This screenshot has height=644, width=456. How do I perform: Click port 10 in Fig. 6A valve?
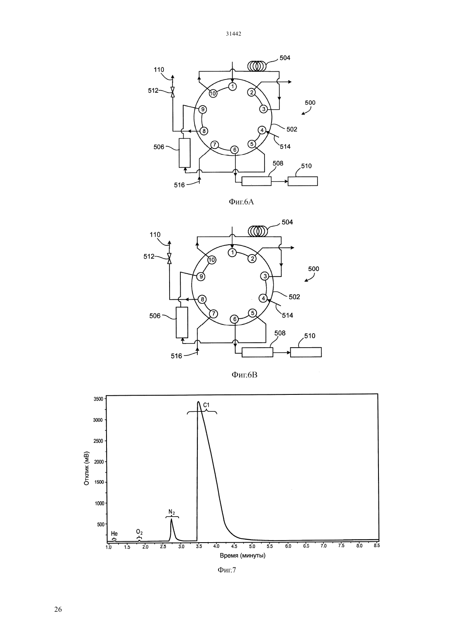point(213,94)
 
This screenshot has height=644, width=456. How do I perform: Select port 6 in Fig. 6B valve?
point(235,319)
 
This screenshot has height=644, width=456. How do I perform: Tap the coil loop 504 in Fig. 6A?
point(257,66)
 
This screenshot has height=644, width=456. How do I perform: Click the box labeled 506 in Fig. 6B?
point(182,322)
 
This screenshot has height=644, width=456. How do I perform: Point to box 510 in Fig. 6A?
point(303,181)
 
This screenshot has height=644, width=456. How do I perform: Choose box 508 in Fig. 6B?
point(257,352)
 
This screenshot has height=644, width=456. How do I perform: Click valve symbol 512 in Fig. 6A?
point(172,92)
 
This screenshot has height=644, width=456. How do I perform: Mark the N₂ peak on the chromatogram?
point(171,519)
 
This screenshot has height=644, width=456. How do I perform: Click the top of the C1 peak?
point(198,401)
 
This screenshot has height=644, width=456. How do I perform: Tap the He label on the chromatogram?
point(114,534)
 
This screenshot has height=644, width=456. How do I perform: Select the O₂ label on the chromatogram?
point(139,532)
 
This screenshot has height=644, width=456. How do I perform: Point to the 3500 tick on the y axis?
point(99,399)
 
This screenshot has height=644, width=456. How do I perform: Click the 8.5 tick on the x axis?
point(377,545)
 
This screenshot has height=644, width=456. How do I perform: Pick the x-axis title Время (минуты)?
point(243,555)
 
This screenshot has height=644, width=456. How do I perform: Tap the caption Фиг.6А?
point(241,202)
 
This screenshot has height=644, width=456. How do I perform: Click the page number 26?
point(58,609)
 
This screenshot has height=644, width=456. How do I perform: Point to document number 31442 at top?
point(233,34)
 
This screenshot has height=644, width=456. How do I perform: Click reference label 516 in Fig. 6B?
point(177,356)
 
